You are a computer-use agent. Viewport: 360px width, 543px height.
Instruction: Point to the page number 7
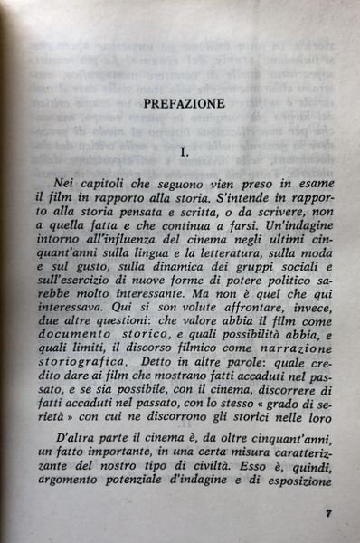[328, 512]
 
